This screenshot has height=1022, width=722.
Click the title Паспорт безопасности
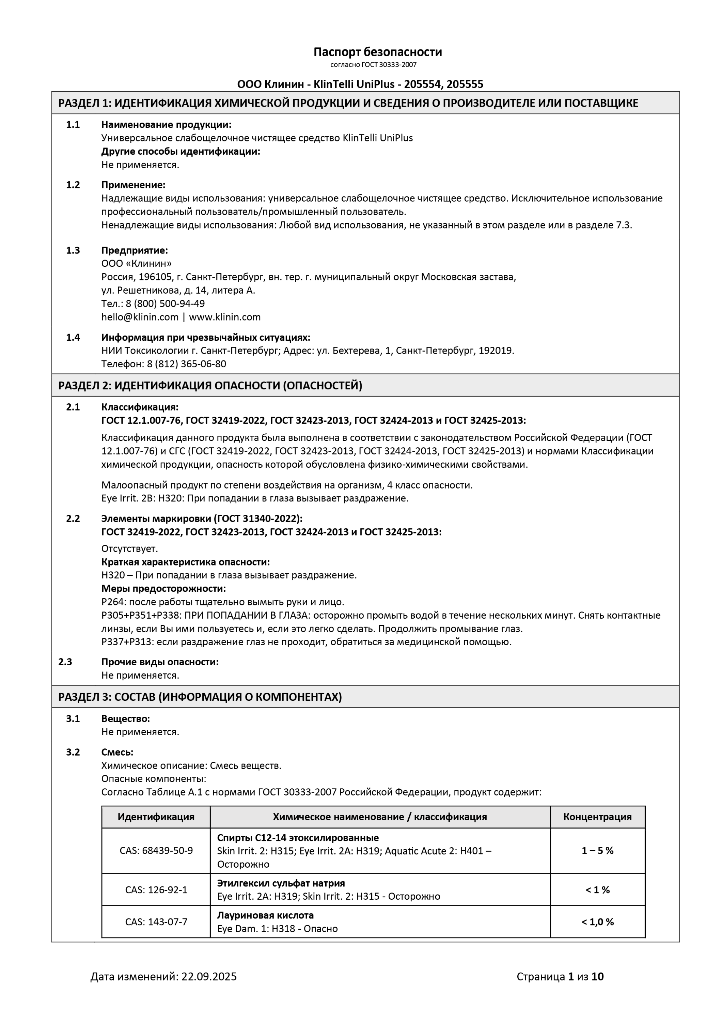(x=378, y=52)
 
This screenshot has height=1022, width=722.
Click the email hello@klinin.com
(x=140, y=317)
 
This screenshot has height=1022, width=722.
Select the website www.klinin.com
(x=225, y=317)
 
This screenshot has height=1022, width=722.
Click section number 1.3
(x=73, y=250)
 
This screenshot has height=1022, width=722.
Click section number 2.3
(x=65, y=662)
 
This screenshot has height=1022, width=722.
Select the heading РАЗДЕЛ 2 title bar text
(x=210, y=386)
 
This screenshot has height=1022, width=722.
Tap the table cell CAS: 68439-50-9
(x=156, y=851)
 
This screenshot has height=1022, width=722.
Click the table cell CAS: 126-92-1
(x=156, y=890)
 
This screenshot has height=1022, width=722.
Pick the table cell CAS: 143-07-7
(x=156, y=922)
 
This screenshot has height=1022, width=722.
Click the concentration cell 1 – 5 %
(x=597, y=851)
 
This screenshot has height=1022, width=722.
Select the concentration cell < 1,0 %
(x=597, y=922)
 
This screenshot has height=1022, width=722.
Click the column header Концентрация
(x=597, y=817)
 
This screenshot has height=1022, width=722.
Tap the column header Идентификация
(x=156, y=817)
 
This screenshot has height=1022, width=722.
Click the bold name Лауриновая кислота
(x=265, y=915)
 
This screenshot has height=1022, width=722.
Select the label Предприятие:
(x=134, y=250)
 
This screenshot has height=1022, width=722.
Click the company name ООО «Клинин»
(x=136, y=264)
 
